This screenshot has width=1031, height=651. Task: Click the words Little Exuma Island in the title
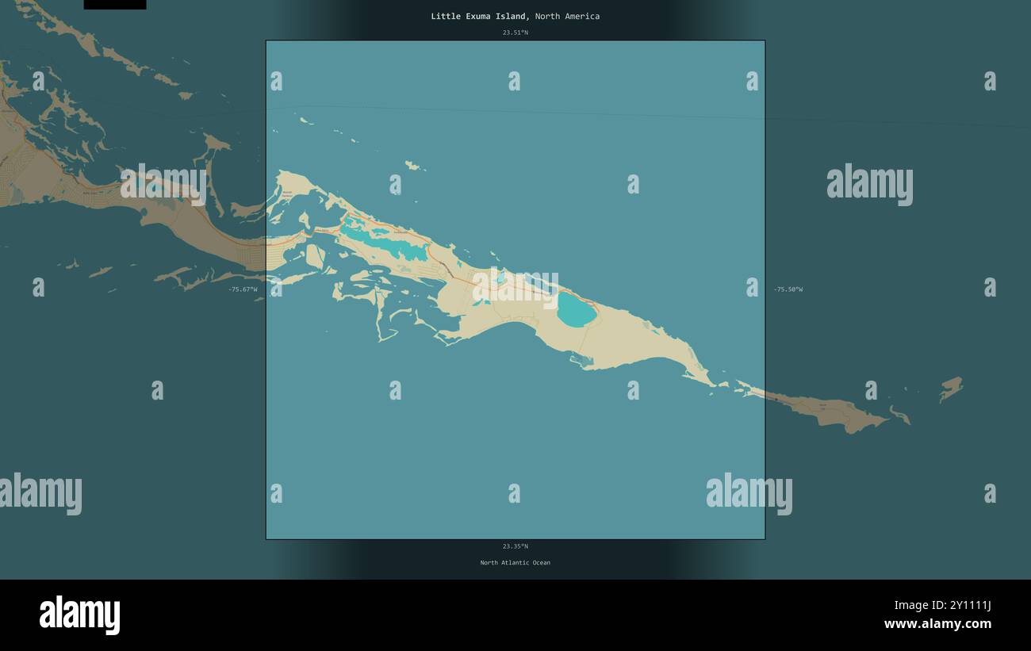pyautogui.click(x=478, y=16)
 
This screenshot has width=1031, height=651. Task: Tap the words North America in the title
pyautogui.click(x=567, y=16)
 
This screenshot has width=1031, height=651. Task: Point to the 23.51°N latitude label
pyautogui.click(x=515, y=33)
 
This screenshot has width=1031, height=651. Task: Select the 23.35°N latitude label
pyautogui.click(x=515, y=546)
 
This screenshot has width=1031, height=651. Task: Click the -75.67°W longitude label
pyautogui.click(x=243, y=289)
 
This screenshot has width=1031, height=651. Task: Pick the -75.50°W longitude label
pyautogui.click(x=788, y=289)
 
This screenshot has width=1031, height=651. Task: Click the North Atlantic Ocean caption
pyautogui.click(x=515, y=563)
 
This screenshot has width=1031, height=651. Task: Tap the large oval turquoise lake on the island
pyautogui.click(x=577, y=309)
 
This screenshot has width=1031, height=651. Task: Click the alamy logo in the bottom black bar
pyautogui.click(x=79, y=615)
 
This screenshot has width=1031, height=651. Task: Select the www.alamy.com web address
pyautogui.click(x=937, y=624)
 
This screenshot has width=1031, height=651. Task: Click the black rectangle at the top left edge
pyautogui.click(x=115, y=4)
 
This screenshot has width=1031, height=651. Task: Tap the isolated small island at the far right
pyautogui.click(x=951, y=388)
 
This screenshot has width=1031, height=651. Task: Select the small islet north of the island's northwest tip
pyautogui.click(x=412, y=166)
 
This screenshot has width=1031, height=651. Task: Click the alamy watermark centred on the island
pyautogui.click(x=515, y=288)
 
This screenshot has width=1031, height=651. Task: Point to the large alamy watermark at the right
pyautogui.click(x=869, y=185)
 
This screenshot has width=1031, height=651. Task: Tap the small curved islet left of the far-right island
pyautogui.click(x=899, y=415)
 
